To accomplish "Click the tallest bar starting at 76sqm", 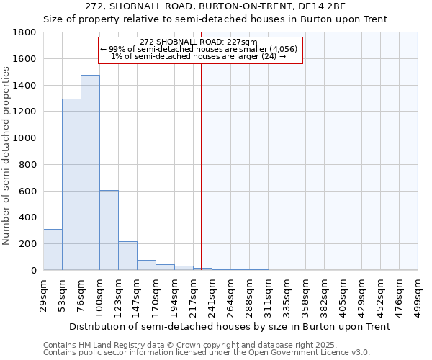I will click(90, 173).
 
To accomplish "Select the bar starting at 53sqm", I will click(71, 184).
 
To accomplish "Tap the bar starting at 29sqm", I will click(53, 249).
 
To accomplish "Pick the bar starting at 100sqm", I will click(109, 230).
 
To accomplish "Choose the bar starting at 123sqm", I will click(127, 256).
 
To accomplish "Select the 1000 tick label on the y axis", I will click(24, 138).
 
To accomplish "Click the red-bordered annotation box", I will click(200, 50).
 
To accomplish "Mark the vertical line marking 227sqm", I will click(201, 166).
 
